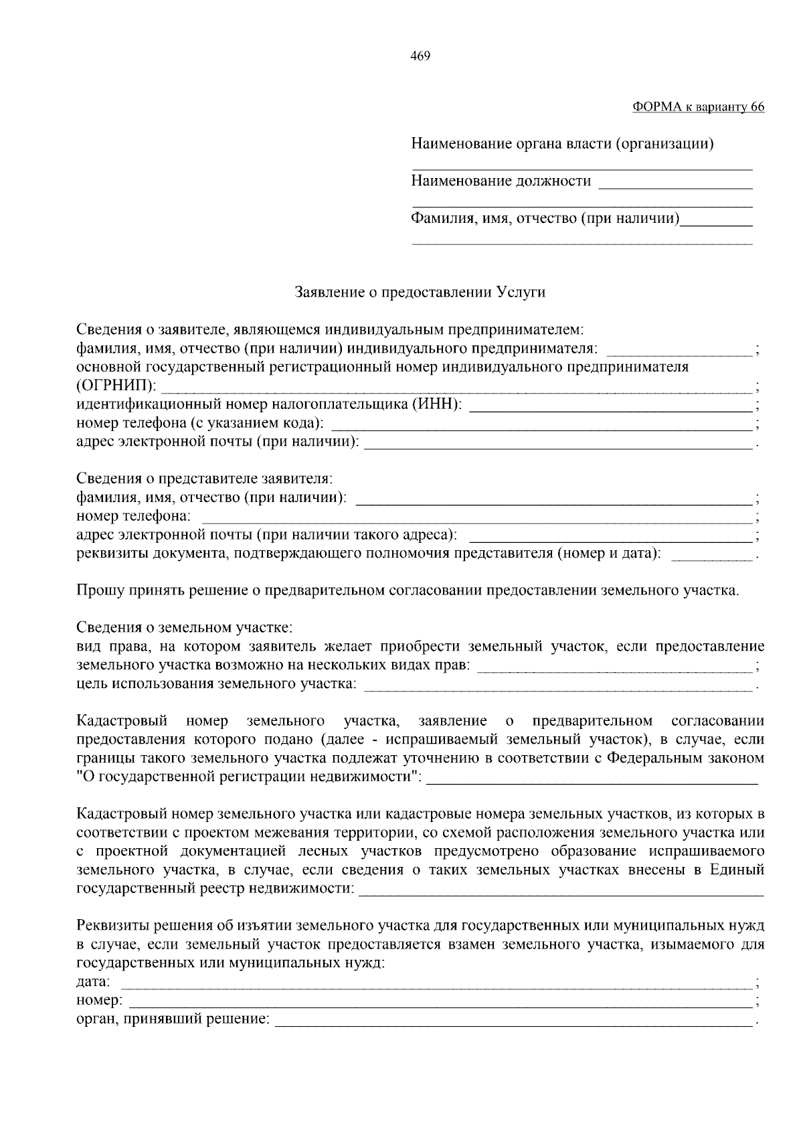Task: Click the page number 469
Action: click(x=420, y=56)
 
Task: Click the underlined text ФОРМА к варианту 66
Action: click(x=698, y=107)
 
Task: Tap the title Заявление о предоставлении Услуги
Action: click(x=420, y=293)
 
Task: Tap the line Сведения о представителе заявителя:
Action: click(x=205, y=479)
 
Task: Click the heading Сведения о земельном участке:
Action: click(x=185, y=629)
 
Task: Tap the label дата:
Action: click(x=94, y=982)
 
